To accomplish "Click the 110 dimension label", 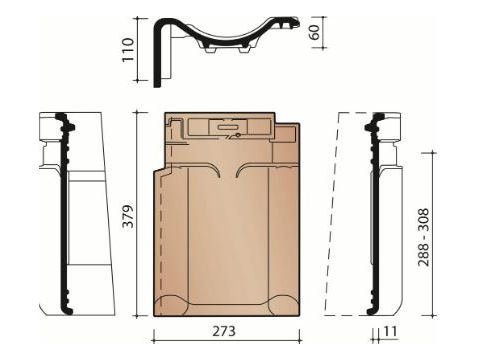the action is coord(128,50).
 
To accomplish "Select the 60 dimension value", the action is coord(314,32).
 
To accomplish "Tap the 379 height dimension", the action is coord(127,216).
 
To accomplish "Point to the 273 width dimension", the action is coord(224,331).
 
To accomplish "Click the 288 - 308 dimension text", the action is coord(424,237).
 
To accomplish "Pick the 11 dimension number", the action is coord(390,331).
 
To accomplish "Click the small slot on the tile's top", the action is coord(228,126).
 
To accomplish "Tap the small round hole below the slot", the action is coord(238,135).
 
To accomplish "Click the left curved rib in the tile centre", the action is coord(213,170).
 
